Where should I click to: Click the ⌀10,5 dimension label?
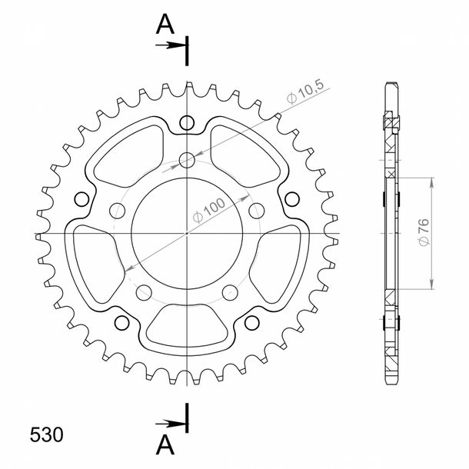[x=305, y=91]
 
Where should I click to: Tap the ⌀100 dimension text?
[x=209, y=210]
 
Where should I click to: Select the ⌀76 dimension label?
[x=424, y=232]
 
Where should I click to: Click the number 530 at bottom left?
[x=46, y=434]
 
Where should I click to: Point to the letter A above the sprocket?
[x=165, y=25]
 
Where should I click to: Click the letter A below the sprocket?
[x=165, y=444]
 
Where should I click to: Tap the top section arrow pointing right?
[x=171, y=45]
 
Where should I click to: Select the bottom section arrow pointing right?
[x=171, y=423]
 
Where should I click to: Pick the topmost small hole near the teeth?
[x=187, y=123]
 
